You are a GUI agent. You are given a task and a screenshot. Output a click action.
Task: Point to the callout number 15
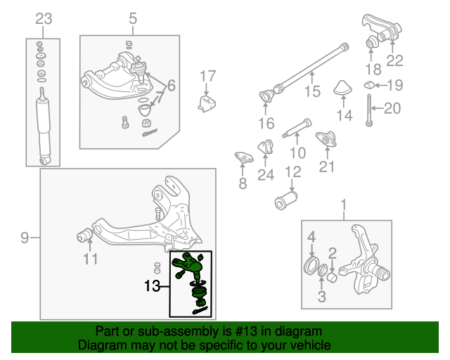tap(311, 91)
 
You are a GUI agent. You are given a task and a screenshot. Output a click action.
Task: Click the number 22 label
tap(394, 60)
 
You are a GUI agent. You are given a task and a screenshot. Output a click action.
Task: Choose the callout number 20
tap(392, 108)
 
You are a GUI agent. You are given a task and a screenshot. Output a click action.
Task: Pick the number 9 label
tap(25, 238)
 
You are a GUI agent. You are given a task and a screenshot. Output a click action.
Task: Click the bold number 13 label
tap(153, 286)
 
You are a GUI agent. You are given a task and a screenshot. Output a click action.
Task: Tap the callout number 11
tap(90, 259)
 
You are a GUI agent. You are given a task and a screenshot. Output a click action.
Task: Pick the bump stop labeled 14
tap(344, 89)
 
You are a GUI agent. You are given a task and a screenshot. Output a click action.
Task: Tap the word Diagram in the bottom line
tap(98, 345)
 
